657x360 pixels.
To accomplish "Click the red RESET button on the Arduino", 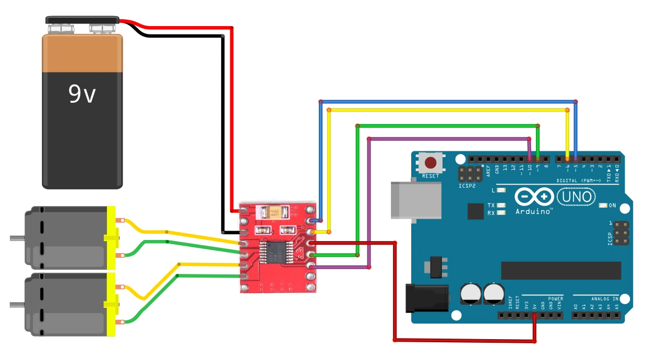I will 431,162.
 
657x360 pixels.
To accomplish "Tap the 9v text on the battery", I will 82,94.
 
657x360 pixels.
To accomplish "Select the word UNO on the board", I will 576,197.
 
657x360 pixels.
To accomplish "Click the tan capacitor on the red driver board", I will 277,212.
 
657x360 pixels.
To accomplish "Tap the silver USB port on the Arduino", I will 415,199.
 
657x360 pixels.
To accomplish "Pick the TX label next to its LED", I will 491,206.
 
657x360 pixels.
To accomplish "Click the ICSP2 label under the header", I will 467,185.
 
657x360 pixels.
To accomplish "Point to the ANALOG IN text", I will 604,299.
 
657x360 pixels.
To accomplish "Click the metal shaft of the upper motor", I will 17,238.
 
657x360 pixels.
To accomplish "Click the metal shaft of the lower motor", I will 17,304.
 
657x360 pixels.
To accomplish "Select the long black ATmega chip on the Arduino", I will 561,270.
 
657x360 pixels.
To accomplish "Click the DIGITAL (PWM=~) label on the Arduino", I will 579,181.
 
